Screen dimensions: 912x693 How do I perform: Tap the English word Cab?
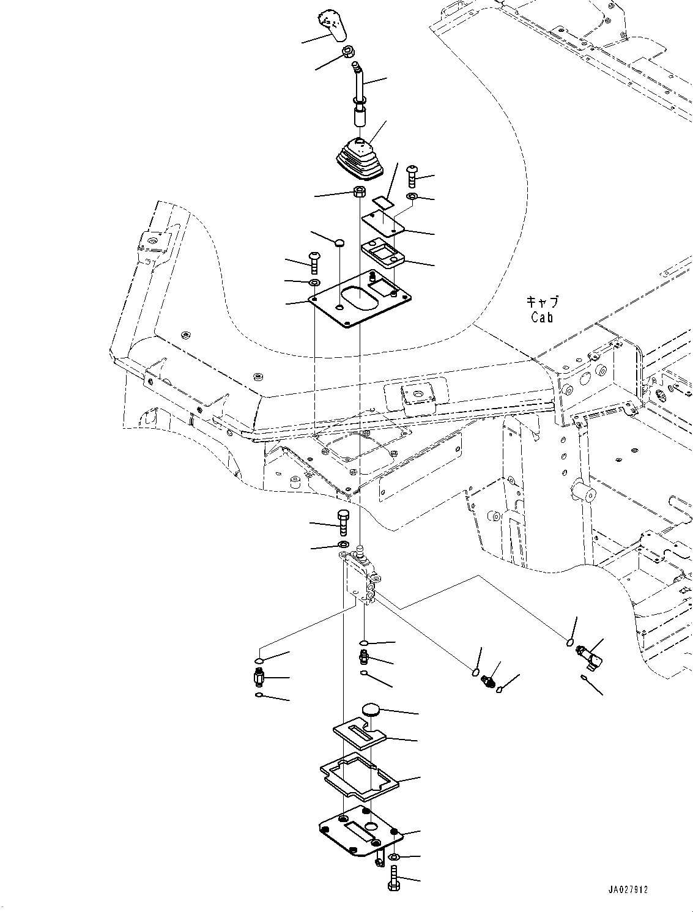tap(542, 317)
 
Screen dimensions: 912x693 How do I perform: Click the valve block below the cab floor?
tap(361, 578)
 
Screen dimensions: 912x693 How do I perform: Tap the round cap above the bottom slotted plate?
tap(371, 710)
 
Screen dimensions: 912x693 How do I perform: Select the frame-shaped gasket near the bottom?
tap(358, 777)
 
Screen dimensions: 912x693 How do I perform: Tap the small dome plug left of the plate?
tap(339, 243)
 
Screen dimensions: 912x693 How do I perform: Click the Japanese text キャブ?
tap(542, 302)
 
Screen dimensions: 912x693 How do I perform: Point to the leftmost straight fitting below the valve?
tap(259, 677)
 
